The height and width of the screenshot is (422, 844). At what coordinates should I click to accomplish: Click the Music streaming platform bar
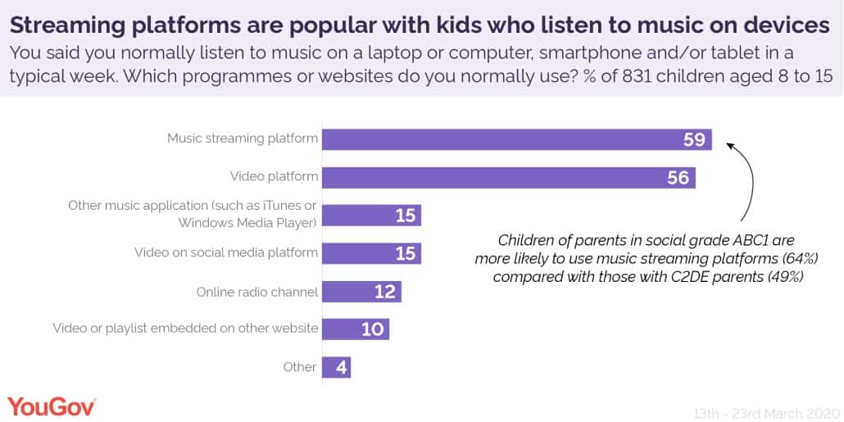[516, 139]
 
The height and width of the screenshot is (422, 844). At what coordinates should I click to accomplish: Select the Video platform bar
[508, 177]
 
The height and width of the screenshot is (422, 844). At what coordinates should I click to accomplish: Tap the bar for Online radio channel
[361, 291]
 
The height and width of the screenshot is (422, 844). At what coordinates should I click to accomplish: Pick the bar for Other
[337, 366]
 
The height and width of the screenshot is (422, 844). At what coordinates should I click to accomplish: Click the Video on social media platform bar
[371, 253]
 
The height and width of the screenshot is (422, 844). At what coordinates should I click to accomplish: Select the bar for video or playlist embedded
[355, 329]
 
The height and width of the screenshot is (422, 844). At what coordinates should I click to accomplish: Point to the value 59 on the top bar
[694, 139]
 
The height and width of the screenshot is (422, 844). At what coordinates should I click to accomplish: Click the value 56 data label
[678, 177]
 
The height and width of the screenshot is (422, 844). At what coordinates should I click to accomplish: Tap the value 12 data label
[384, 291]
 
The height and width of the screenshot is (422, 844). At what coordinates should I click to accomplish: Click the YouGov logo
[52, 406]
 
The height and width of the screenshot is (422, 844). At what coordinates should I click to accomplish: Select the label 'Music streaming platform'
[243, 138]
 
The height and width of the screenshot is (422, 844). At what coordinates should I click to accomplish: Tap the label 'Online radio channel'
[256, 291]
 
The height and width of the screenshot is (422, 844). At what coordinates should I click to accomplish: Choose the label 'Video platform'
[275, 176]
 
